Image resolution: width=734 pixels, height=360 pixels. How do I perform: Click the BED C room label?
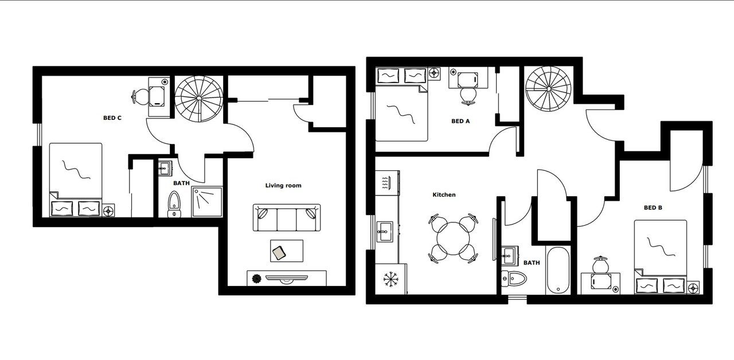click(112, 118)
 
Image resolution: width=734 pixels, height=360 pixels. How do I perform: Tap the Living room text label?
click(283, 185)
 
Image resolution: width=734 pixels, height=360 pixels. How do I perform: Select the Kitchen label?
click(444, 194)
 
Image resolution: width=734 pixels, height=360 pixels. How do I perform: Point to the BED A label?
click(460, 121)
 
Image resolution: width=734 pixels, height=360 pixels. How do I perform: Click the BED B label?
click(653, 208)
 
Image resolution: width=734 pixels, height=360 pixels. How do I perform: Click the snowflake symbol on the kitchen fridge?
click(391, 279)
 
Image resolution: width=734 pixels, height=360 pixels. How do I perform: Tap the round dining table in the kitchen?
click(453, 238)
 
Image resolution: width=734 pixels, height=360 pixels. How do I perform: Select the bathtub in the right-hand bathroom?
click(558, 270)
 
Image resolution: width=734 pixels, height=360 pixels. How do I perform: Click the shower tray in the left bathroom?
click(207, 202)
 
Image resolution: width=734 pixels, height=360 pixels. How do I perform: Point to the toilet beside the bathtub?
click(514, 279)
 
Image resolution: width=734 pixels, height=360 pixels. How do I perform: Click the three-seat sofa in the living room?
click(287, 218)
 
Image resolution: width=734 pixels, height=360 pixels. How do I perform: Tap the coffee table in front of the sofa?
click(287, 251)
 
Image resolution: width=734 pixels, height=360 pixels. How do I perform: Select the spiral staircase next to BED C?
click(198, 98)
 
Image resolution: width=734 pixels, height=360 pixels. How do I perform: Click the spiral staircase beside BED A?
click(549, 88)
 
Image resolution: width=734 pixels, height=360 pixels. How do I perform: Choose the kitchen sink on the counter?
click(385, 232)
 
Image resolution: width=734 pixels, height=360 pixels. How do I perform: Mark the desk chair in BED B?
click(600, 264)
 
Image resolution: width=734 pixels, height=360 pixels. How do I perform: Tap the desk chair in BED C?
click(140, 97)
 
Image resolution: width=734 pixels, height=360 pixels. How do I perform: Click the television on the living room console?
click(287, 279)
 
